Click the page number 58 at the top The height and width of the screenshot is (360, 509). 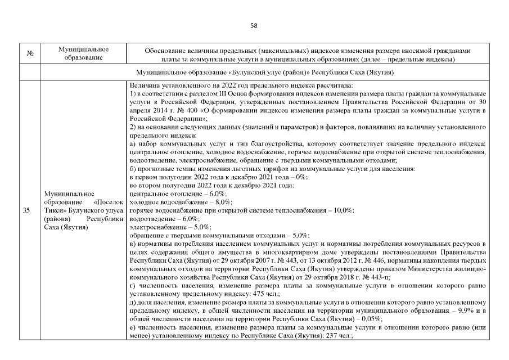254,26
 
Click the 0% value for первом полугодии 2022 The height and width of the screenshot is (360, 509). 300,177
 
